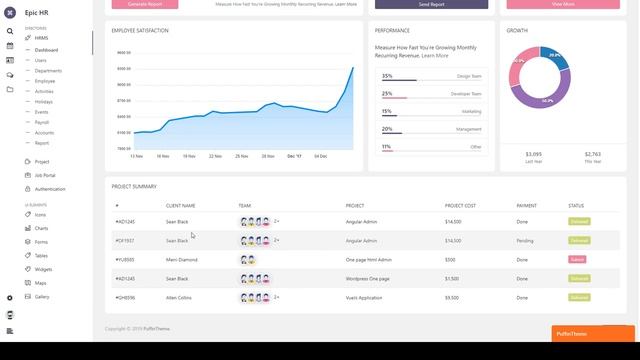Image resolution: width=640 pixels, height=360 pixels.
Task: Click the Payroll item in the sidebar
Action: click(42, 122)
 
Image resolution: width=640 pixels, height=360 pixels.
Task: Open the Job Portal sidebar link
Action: click(45, 175)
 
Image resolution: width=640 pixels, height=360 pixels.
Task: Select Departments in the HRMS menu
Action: click(48, 71)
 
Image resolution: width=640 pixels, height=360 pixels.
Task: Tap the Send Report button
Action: click(432, 4)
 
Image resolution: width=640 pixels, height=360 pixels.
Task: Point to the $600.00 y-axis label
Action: click(123, 52)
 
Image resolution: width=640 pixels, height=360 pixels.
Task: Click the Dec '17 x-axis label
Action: click(295, 156)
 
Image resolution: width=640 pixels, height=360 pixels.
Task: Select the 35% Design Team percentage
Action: click(387, 76)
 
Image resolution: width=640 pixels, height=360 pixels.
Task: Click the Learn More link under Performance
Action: click(435, 56)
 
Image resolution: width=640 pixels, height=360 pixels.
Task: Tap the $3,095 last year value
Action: click(533, 153)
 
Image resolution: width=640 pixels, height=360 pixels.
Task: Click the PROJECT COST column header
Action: click(460, 205)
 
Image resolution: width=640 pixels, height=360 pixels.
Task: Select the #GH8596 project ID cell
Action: click(125, 297)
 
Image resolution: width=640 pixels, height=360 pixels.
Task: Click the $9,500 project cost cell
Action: click(452, 297)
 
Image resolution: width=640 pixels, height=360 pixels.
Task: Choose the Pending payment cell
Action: click(525, 240)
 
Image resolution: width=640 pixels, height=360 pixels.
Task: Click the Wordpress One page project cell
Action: click(367, 278)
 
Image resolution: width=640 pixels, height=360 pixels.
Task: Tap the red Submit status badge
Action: click(577, 259)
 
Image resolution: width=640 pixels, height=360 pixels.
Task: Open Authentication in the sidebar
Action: click(50, 189)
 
